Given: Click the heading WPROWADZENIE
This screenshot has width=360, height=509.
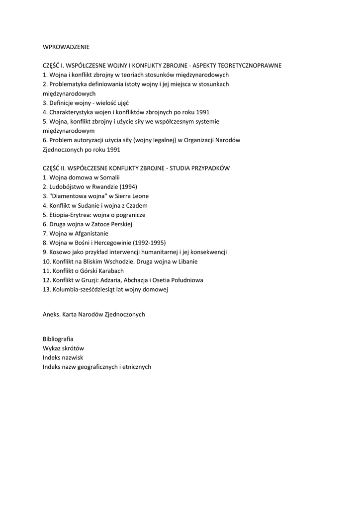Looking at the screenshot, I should (x=66, y=47).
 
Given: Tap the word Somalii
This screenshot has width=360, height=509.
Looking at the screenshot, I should (x=109, y=177).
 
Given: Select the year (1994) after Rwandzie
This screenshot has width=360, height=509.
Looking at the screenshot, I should (x=128, y=186).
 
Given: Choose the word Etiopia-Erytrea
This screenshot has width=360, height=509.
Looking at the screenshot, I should (x=70, y=215).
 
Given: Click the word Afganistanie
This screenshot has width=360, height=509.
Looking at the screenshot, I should (x=91, y=233).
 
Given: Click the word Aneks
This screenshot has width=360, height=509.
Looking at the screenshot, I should (x=52, y=314).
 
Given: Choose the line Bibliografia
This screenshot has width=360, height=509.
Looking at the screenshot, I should (x=58, y=339).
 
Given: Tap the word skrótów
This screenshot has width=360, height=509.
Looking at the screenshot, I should (x=73, y=348).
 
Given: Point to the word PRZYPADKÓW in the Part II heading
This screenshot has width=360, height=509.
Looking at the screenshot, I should (x=210, y=168).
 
